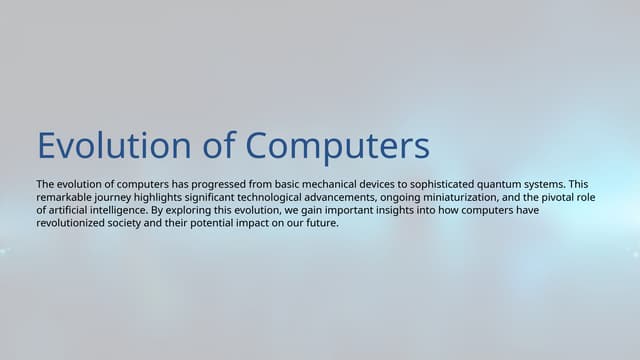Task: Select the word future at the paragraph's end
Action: pyautogui.click(x=322, y=223)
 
